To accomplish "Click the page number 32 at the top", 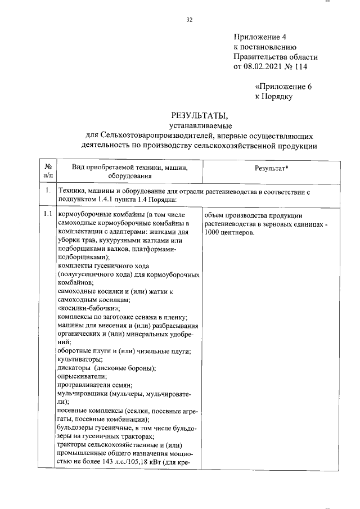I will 189,20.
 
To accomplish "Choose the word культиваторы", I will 80,359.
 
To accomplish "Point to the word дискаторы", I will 75,367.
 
